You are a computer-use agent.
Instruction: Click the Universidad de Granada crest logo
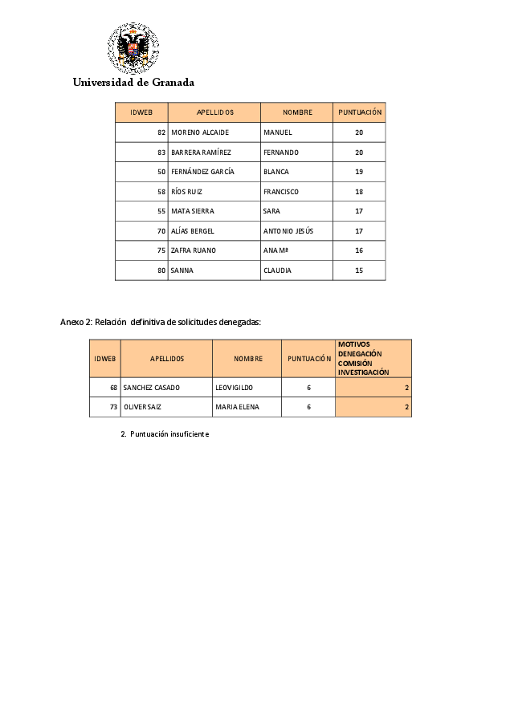pyautogui.click(x=133, y=48)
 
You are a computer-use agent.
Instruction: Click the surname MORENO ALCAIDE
pyautogui.click(x=200, y=132)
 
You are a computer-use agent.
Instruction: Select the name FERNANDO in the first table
pyautogui.click(x=281, y=153)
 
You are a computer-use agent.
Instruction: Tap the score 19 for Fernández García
pyautogui.click(x=359, y=172)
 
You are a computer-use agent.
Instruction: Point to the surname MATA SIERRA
pyautogui.click(x=193, y=211)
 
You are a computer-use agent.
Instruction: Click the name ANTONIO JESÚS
pyautogui.click(x=288, y=231)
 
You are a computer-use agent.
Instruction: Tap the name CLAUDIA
pyautogui.click(x=278, y=271)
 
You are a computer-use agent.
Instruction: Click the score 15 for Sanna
pyautogui.click(x=359, y=271)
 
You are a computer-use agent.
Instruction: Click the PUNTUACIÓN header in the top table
pyautogui.click(x=360, y=112)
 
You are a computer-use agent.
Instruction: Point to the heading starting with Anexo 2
pyautogui.click(x=161, y=322)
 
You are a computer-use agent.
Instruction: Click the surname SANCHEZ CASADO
pyautogui.click(x=152, y=388)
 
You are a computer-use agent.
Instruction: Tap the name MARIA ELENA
pyautogui.click(x=238, y=407)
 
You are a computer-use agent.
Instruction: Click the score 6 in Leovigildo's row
pyautogui.click(x=308, y=388)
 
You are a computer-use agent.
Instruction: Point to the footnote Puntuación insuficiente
pyautogui.click(x=165, y=433)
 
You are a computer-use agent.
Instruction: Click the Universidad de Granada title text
pyautogui.click(x=133, y=82)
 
